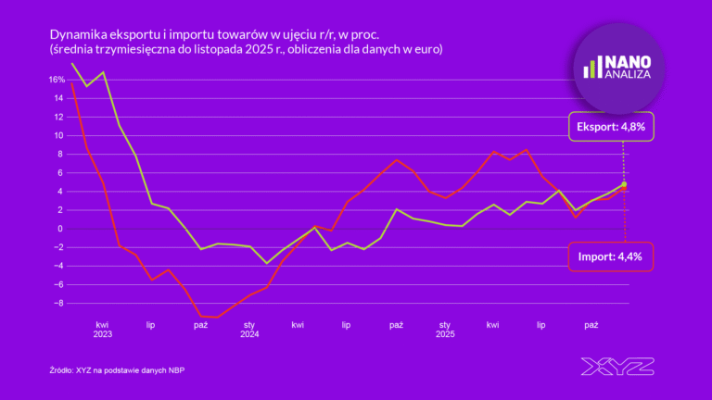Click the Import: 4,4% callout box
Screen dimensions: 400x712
coord(611,256)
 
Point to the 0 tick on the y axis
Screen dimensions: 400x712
coord(59,229)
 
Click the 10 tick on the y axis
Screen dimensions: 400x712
coord(57,135)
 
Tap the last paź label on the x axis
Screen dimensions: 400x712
coord(591,325)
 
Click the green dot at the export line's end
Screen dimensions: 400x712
coord(624,184)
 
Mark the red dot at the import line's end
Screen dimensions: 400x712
coord(624,189)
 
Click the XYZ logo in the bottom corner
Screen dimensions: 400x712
coord(617,366)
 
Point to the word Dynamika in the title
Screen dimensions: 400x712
coord(78,33)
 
